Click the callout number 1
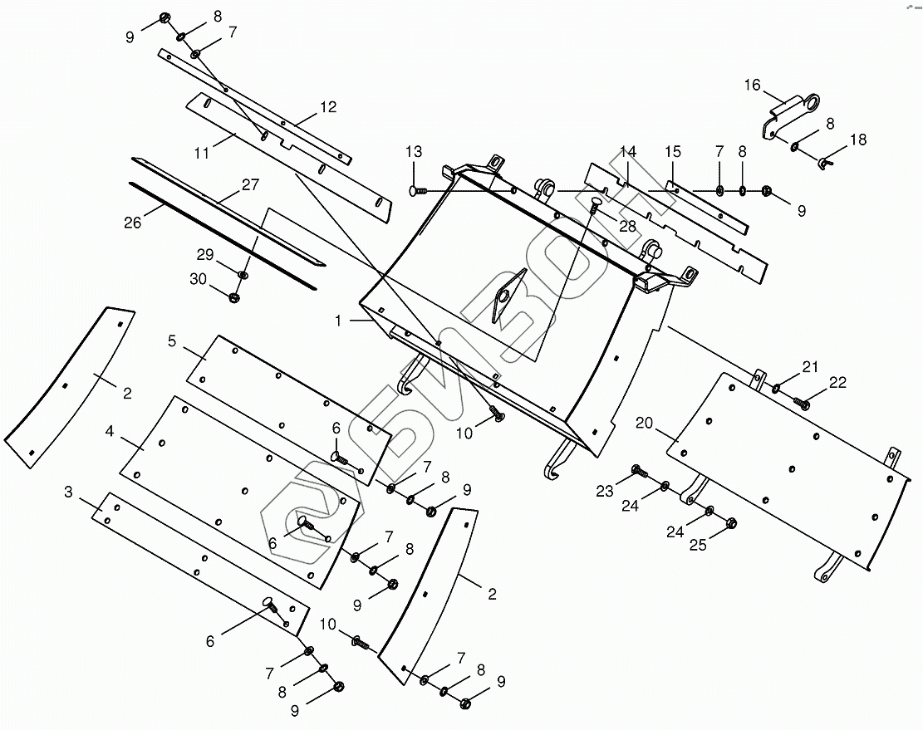pyautogui.click(x=338, y=320)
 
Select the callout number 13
pyautogui.click(x=414, y=152)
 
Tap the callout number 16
pyautogui.click(x=752, y=85)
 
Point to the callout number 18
pyautogui.click(x=857, y=140)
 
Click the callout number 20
pyautogui.click(x=644, y=424)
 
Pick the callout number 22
pyautogui.click(x=837, y=382)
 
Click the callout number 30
pyautogui.click(x=198, y=280)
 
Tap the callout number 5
pyautogui.click(x=172, y=341)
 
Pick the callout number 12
pyautogui.click(x=328, y=106)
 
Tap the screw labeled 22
pyautogui.click(x=802, y=403)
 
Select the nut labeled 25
pyautogui.click(x=732, y=523)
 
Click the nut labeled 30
pyautogui.click(x=233, y=297)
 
